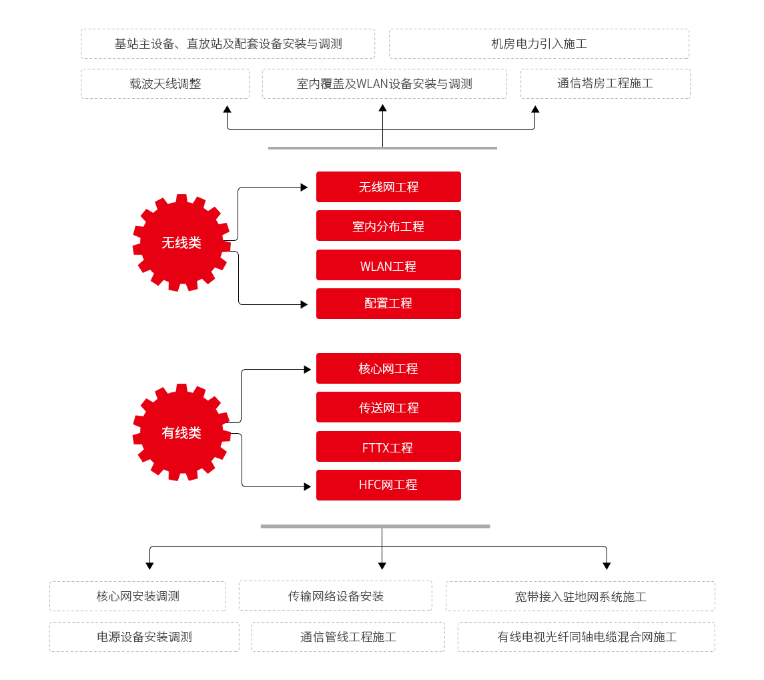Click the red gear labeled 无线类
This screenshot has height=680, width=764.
tap(181, 243)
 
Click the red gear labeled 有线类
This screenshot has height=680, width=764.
tap(181, 432)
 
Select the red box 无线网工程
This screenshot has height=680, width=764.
tap(388, 187)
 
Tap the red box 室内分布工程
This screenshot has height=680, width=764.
tap(388, 226)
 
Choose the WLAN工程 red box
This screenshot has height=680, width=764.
tap(388, 265)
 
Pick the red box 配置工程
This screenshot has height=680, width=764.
tap(388, 304)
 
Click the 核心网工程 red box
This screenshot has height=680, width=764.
tap(388, 368)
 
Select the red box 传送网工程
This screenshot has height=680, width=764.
tap(388, 407)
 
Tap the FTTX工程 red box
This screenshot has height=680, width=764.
tap(388, 446)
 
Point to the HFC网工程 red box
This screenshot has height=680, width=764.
tap(388, 485)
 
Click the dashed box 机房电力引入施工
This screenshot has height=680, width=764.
tap(539, 44)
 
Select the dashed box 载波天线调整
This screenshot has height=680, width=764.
tap(165, 84)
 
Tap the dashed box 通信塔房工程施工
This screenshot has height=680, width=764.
tap(605, 84)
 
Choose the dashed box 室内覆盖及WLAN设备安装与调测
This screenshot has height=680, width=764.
tap(384, 84)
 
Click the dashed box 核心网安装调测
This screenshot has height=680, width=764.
tap(137, 596)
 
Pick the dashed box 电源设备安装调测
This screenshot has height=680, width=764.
tap(144, 637)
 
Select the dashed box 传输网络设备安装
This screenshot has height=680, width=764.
tap(336, 596)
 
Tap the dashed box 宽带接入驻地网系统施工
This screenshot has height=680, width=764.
tap(581, 597)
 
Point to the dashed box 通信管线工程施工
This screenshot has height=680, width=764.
tap(348, 637)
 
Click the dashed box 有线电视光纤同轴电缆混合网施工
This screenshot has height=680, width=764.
tap(587, 637)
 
